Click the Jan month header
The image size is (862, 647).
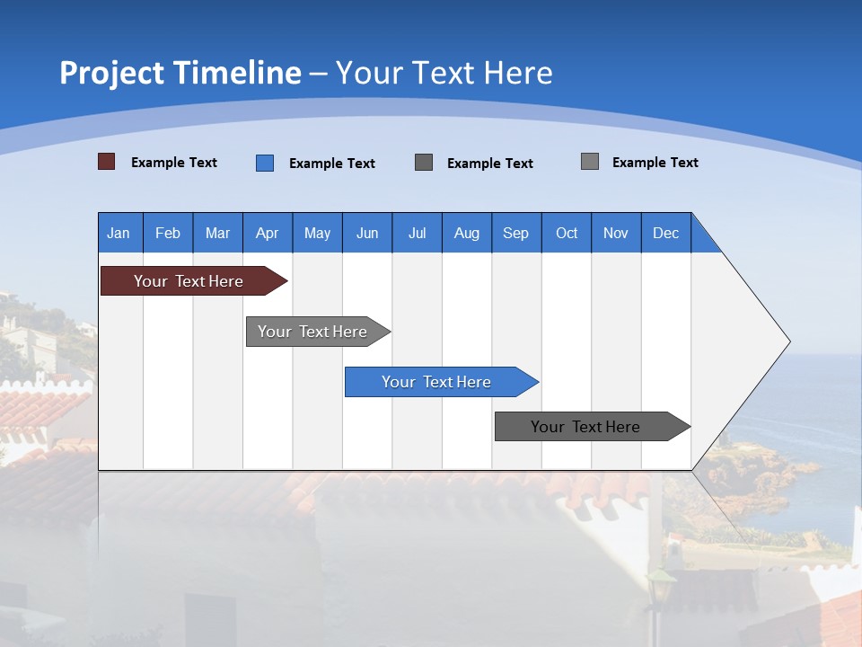[x=119, y=233]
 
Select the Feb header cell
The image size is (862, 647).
[x=168, y=233]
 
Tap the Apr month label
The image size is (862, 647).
[x=267, y=233]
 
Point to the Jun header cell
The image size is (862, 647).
[x=367, y=233]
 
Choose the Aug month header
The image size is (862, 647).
[x=466, y=233]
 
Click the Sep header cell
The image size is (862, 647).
[x=515, y=233]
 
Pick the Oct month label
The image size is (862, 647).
[x=567, y=233]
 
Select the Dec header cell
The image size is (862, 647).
[x=665, y=233]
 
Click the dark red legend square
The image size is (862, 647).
[x=107, y=162]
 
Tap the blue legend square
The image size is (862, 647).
[x=265, y=163]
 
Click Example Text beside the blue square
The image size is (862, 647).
[x=331, y=164]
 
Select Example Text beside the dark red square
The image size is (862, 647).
[x=173, y=163]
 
